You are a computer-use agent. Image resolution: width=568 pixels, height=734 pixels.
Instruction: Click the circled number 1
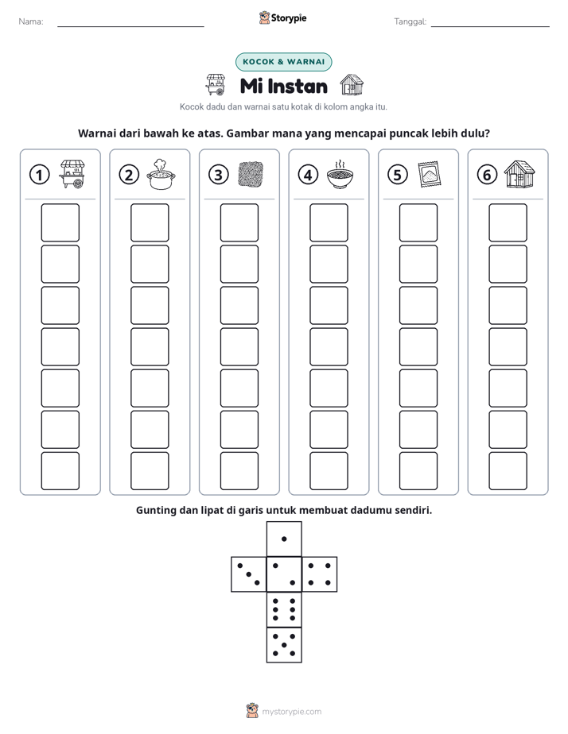click(x=39, y=175)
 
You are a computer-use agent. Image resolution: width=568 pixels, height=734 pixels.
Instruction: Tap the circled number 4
click(x=308, y=175)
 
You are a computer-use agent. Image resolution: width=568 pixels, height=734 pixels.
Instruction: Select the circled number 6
click(x=487, y=175)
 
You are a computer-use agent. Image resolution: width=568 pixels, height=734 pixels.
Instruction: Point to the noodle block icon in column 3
click(x=251, y=175)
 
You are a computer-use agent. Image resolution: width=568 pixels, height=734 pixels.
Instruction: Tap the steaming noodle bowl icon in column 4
click(x=340, y=174)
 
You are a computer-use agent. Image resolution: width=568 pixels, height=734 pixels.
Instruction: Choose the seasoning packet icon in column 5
click(x=430, y=175)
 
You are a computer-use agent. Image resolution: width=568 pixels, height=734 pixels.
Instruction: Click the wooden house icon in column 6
click(x=519, y=174)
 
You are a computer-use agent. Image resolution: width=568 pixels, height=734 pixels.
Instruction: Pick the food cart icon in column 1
click(x=72, y=174)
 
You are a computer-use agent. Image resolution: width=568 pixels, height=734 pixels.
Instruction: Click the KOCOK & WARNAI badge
click(x=283, y=62)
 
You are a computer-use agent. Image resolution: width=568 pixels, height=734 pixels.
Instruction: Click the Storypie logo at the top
click(x=282, y=18)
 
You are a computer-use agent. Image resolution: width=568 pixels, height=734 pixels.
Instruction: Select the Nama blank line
click(x=130, y=26)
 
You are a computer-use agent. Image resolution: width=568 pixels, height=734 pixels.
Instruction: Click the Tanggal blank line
click(x=490, y=26)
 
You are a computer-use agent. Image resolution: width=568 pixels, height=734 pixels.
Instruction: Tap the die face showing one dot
click(x=284, y=539)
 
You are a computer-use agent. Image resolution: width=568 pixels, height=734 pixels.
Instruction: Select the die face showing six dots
click(x=284, y=609)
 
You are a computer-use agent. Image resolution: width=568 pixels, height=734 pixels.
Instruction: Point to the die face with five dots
click(x=284, y=645)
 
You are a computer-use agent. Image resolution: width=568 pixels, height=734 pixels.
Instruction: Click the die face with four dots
click(x=320, y=574)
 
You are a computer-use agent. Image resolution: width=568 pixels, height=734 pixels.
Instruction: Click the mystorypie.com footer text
click(x=291, y=712)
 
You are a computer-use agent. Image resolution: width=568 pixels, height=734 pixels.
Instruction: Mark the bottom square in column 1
click(x=60, y=471)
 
